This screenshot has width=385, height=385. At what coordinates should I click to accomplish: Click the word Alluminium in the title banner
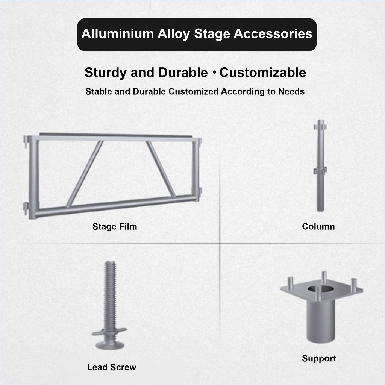pyautogui.click(x=118, y=33)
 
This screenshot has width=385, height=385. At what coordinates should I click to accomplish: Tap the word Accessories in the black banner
pyautogui.click(x=273, y=33)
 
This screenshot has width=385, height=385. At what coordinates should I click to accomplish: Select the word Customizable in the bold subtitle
pyautogui.click(x=262, y=73)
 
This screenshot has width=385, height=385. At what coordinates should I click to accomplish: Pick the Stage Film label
pyautogui.click(x=115, y=226)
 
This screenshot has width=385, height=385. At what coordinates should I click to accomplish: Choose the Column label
pyautogui.click(x=318, y=226)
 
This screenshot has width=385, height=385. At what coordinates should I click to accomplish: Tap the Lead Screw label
pyautogui.click(x=111, y=367)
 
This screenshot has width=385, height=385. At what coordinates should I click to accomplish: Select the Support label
pyautogui.click(x=319, y=358)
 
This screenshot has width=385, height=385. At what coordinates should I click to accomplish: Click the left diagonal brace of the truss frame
pyautogui.click(x=85, y=174)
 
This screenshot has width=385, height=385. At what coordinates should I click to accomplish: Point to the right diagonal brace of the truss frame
pyautogui.click(x=161, y=169)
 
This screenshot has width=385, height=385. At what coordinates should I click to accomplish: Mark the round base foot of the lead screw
pyautogui.click(x=110, y=345)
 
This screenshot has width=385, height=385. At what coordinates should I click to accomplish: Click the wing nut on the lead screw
pyautogui.click(x=109, y=332)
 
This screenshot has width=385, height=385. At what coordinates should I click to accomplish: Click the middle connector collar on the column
pyautogui.click(x=320, y=170)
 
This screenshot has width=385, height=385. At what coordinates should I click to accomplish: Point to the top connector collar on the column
pyautogui.click(x=320, y=127)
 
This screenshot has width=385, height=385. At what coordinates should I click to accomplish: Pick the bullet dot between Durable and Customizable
pyautogui.click(x=214, y=73)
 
